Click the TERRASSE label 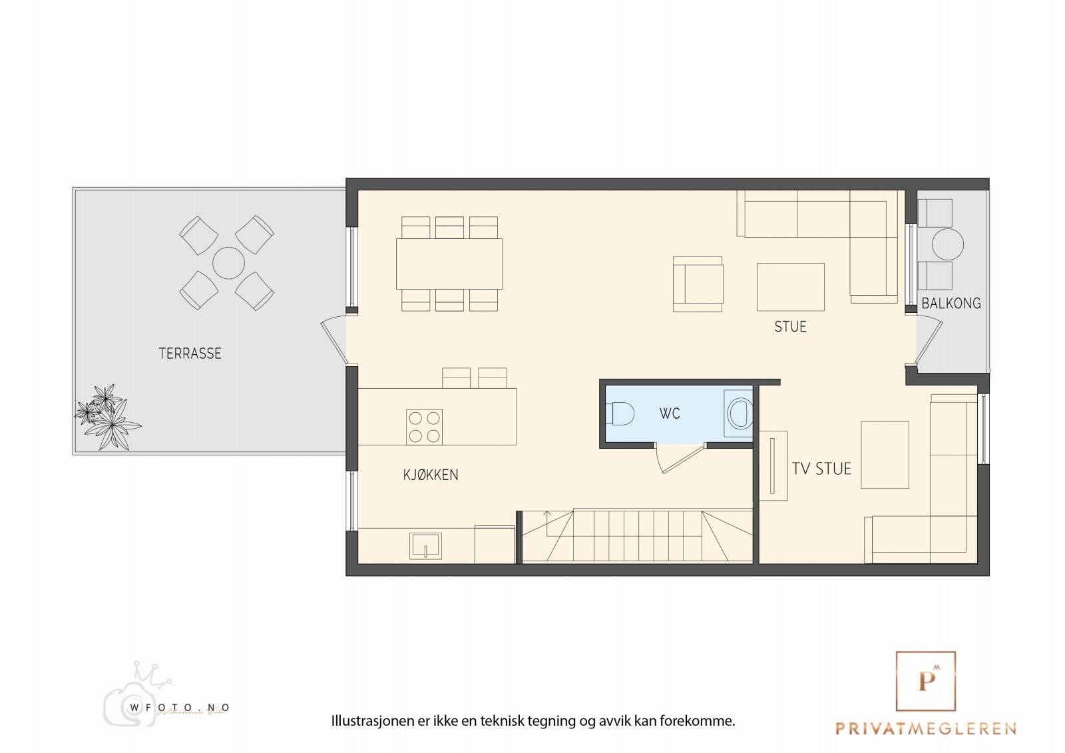tap(190, 354)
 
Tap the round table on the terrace tap(228, 263)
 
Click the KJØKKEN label tap(431, 475)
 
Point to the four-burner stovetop tap(424, 427)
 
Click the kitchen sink tap(424, 545)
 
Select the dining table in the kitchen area tap(449, 264)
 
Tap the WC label tap(670, 413)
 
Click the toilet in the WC tap(618, 413)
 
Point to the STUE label tap(790, 326)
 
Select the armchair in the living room tap(697, 284)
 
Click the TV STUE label tap(821, 469)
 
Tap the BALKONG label tap(951, 304)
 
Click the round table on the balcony tap(947, 244)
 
